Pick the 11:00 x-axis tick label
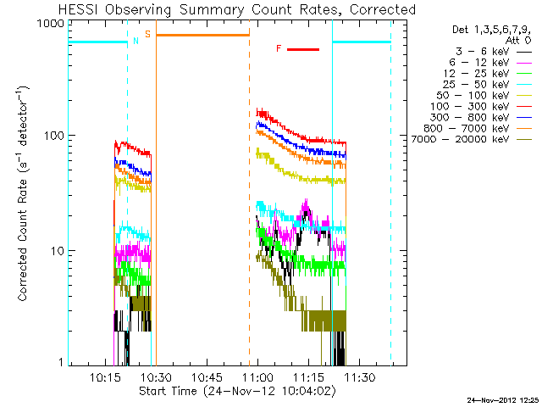[x=257, y=376]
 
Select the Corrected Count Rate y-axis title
[x=23, y=193]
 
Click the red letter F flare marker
[x=279, y=48]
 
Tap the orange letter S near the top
[x=148, y=35]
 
